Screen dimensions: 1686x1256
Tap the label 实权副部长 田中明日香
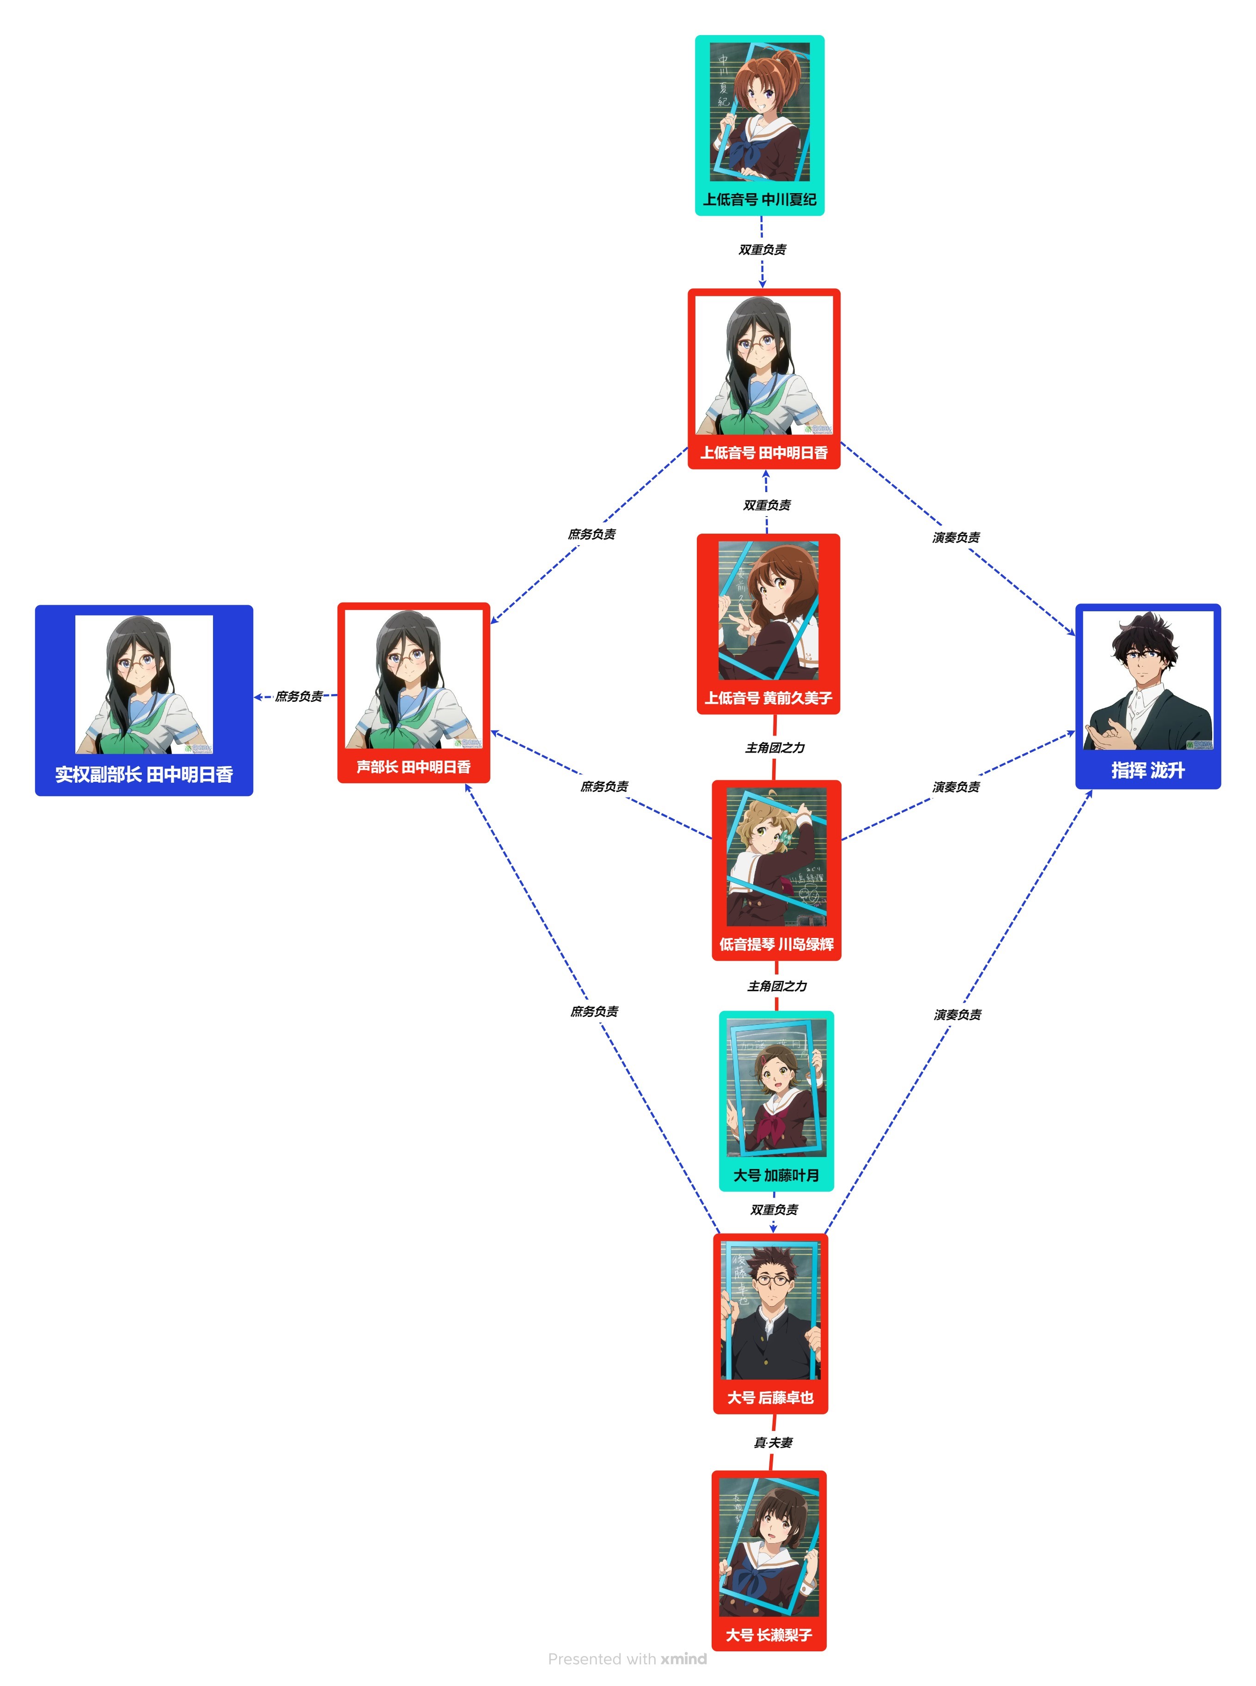[x=144, y=774]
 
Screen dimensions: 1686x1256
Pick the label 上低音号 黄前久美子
[x=768, y=697]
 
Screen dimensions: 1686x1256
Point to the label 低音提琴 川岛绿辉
[x=776, y=943]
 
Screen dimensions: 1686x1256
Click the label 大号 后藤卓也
[x=770, y=1397]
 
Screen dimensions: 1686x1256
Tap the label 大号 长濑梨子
[x=768, y=1634]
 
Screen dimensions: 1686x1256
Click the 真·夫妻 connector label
[x=773, y=1442]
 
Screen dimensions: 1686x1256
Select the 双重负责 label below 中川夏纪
[x=762, y=250]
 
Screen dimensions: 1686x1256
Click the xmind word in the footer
[x=683, y=1659]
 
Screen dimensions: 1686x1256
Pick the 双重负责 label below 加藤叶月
[x=774, y=1209]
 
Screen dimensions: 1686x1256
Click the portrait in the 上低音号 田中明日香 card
[x=764, y=365]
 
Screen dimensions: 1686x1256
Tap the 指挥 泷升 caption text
[x=1147, y=770]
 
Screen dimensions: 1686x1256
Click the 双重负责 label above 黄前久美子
[x=766, y=505]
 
